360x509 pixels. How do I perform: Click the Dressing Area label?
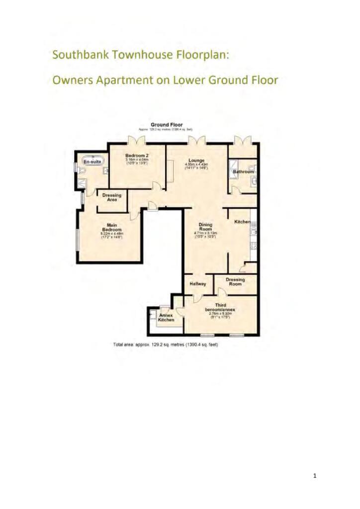coord(112,197)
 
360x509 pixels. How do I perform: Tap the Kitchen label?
coord(242,222)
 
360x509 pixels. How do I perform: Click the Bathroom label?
coord(243,171)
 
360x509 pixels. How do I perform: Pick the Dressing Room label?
coord(235,282)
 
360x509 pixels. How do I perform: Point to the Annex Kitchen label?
coord(166,318)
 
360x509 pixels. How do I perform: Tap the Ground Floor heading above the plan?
coord(167,125)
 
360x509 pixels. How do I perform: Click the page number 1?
coord(315,476)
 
